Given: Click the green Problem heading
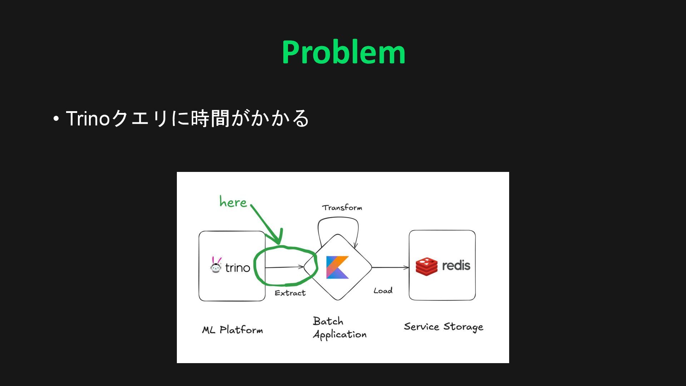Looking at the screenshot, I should click(343, 52).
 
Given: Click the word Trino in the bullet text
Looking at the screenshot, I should click(88, 118).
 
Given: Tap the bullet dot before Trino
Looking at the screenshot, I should click(56, 118).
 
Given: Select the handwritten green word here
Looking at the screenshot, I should click(233, 202).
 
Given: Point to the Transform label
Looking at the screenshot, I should click(342, 208).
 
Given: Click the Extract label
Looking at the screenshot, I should click(290, 293).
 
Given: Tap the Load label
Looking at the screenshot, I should click(383, 291).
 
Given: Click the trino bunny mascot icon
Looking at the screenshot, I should click(216, 265).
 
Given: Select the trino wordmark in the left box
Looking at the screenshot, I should click(238, 268).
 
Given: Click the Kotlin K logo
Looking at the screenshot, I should click(337, 267).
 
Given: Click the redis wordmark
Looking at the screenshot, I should click(456, 266).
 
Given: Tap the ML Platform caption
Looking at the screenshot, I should click(233, 330).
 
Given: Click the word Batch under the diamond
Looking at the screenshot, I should click(328, 321).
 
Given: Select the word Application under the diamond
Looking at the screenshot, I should click(340, 335).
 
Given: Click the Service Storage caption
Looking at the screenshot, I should click(443, 327).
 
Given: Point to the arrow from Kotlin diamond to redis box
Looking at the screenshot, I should click(390, 267).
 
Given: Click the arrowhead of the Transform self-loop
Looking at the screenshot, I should click(355, 246).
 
